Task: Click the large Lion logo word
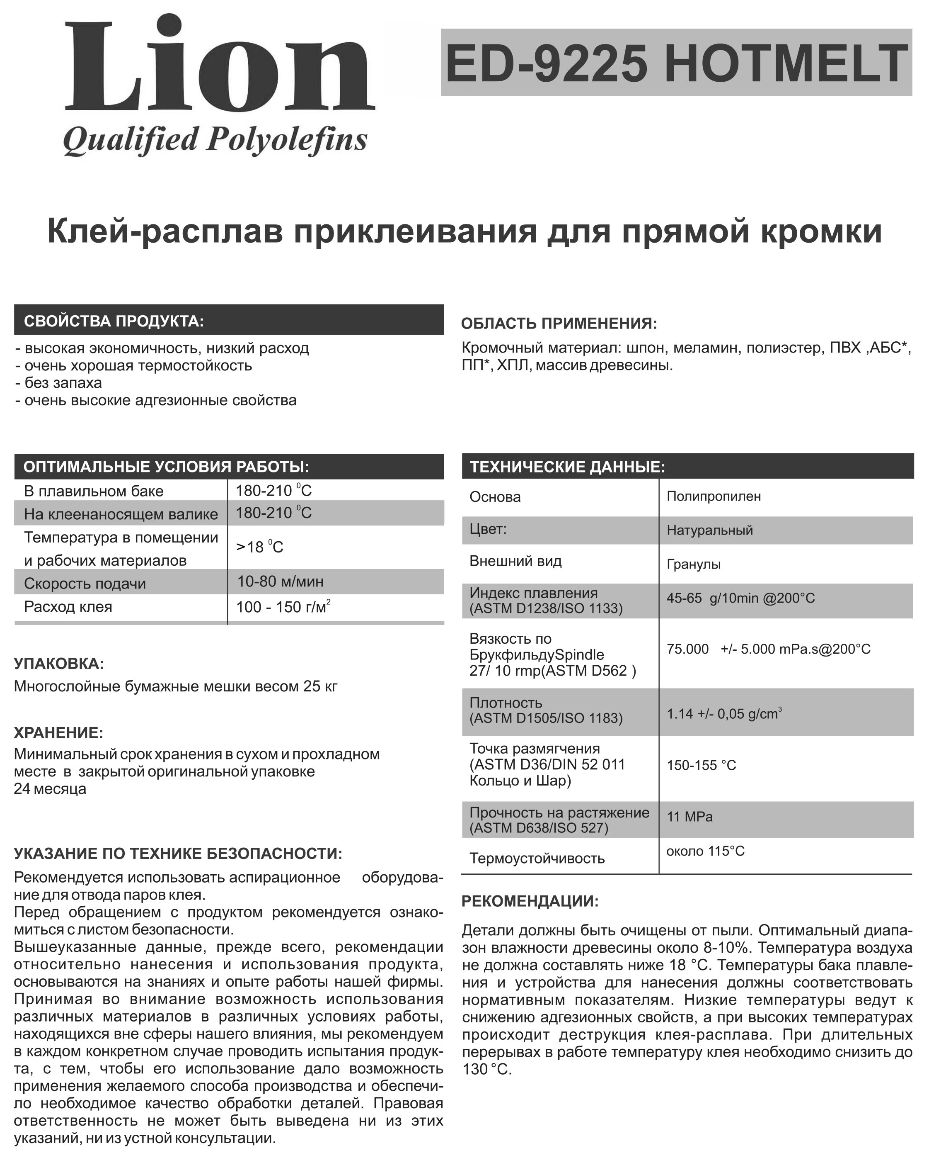220,67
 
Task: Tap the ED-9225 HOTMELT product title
676,63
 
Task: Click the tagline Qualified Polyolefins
215,140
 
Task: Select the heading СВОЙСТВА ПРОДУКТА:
114,321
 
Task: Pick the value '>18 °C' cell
260,547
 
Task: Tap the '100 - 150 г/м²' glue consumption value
283,607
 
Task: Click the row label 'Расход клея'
68,607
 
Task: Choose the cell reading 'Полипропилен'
714,496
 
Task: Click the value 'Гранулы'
694,564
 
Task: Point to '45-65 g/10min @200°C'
740,598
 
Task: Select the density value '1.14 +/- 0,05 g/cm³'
723,714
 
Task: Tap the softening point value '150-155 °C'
701,765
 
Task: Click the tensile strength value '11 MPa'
689,817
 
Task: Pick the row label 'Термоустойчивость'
537,859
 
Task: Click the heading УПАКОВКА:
59,664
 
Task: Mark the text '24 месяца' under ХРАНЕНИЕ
50,789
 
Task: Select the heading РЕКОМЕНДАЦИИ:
530,901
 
